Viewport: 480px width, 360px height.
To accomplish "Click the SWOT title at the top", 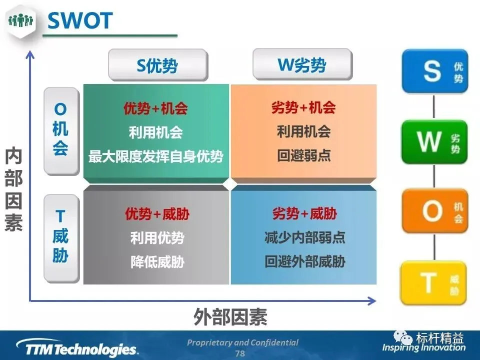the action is (x=80, y=20).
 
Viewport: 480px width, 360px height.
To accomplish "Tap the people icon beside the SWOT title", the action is (x=21, y=21).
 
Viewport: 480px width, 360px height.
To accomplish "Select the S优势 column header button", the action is (x=158, y=65).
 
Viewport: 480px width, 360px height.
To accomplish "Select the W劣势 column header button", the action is (x=302, y=64).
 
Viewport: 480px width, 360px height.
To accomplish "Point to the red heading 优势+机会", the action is (x=156, y=108).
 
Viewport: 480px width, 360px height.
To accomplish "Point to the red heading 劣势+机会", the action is (x=303, y=107).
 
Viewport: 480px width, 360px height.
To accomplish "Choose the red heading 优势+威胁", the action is (x=157, y=213).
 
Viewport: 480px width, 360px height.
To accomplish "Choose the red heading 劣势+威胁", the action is (x=304, y=213).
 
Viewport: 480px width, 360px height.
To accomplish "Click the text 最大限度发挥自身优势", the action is (x=156, y=156).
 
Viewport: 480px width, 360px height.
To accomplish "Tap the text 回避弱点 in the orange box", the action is (x=303, y=155).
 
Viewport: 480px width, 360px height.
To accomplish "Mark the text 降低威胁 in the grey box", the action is (x=157, y=262).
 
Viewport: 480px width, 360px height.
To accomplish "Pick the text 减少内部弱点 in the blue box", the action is (x=305, y=237).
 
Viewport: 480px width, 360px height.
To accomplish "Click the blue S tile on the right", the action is (x=434, y=71).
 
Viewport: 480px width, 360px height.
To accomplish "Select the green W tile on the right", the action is (x=434, y=142).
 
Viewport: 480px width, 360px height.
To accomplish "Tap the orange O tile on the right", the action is (x=434, y=211).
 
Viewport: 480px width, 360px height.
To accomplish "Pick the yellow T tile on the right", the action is (x=433, y=282).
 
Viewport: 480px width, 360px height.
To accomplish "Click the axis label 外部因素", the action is (x=230, y=317).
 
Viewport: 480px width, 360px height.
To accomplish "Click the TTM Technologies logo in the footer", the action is (x=78, y=347).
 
